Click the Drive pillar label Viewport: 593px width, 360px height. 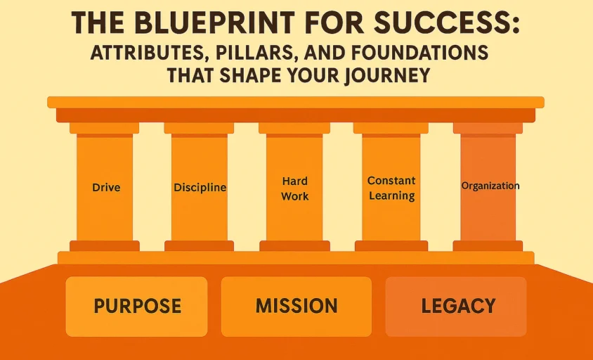tap(106, 188)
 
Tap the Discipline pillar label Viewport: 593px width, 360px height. tap(200, 188)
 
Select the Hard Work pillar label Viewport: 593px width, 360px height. tap(294, 188)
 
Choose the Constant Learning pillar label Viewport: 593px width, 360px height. tap(391, 188)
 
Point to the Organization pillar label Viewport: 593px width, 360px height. tap(490, 186)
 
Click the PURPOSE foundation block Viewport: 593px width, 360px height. tap(137, 307)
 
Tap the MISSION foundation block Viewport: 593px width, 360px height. tap(296, 307)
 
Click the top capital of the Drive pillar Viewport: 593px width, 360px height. tap(104, 129)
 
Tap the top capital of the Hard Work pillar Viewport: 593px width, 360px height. tap(294, 129)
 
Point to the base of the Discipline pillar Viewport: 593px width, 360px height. tap(199, 245)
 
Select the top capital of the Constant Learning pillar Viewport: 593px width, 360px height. tap(391, 129)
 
